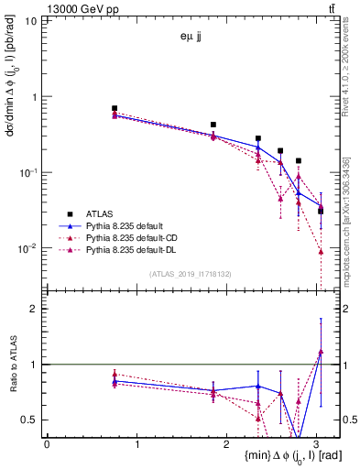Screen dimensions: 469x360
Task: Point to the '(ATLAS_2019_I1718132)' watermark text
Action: (191, 273)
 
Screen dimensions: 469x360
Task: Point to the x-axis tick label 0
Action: (47, 443)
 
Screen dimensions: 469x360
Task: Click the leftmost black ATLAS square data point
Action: (115, 108)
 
